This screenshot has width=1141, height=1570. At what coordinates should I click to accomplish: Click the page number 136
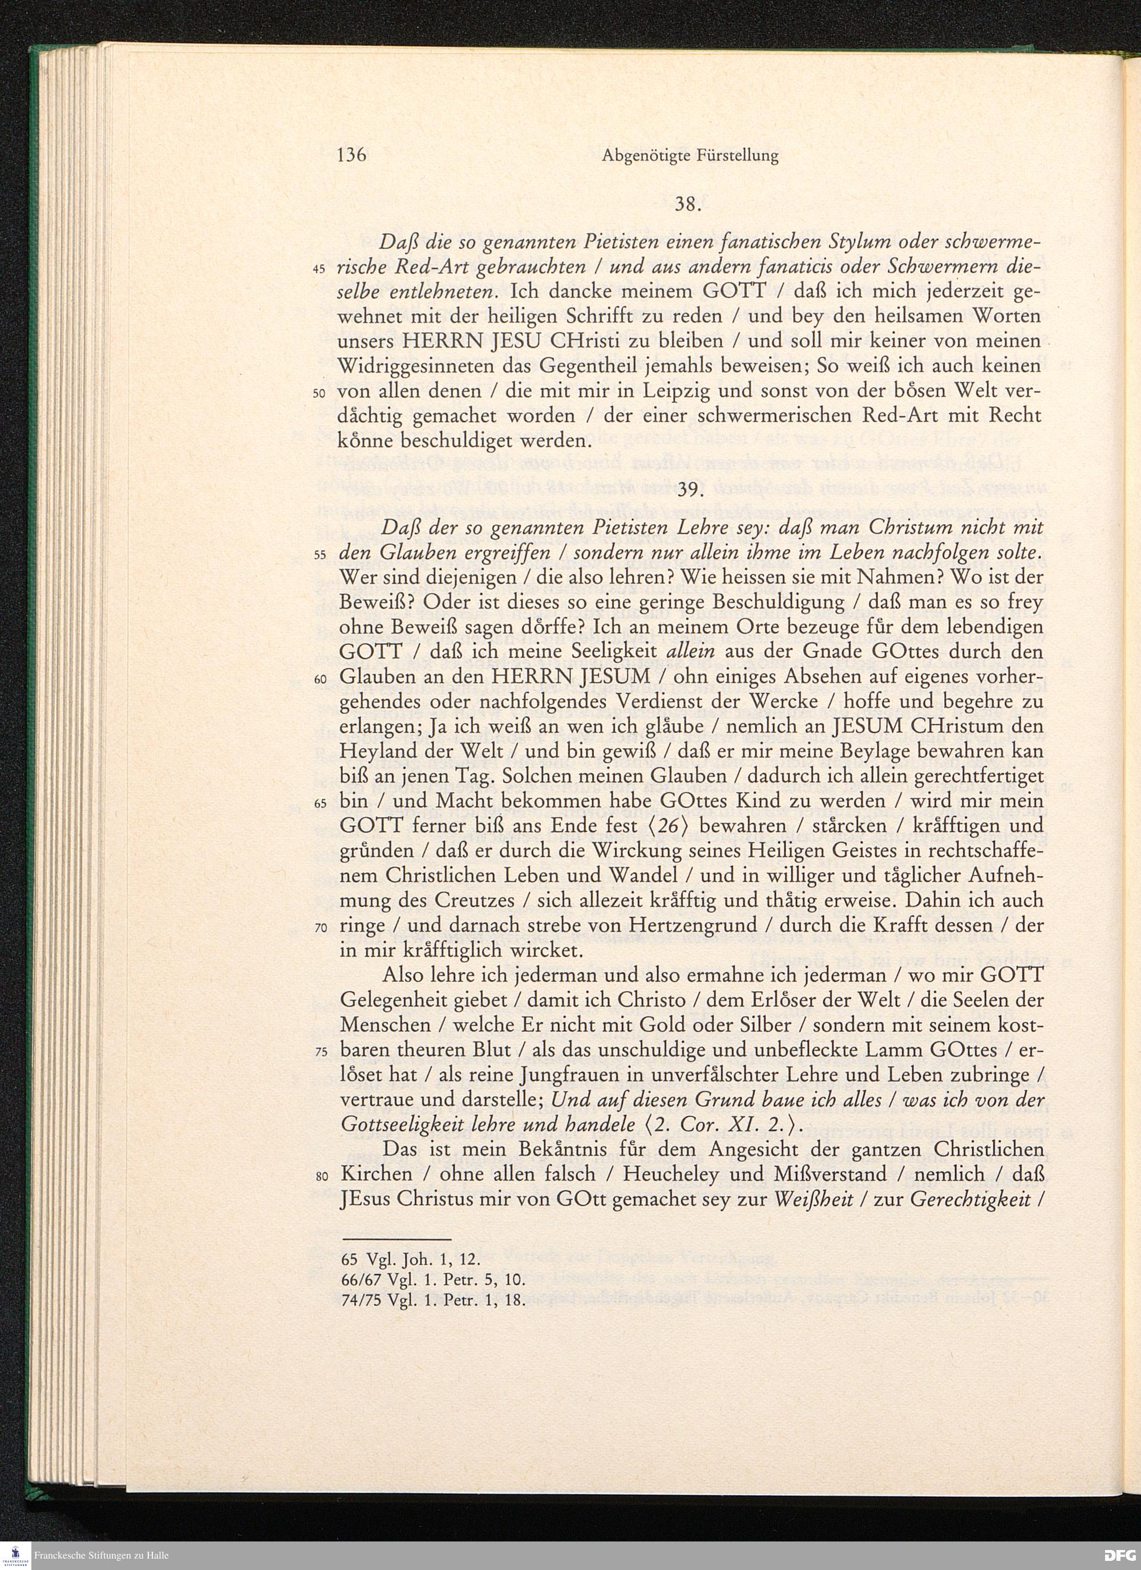pyautogui.click(x=351, y=155)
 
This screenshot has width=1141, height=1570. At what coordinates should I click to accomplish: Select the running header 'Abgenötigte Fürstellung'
pyautogui.click(x=690, y=156)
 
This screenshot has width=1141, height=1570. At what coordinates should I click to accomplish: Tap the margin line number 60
pyautogui.click(x=319, y=680)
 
